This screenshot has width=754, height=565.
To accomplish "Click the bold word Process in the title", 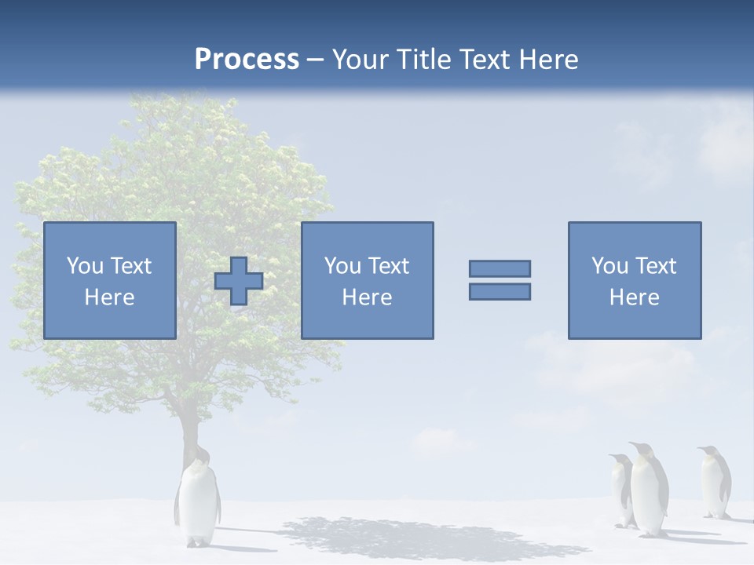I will point(247,60).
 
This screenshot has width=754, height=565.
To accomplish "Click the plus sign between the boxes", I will point(239,281).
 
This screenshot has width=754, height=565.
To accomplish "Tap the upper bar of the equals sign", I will point(500,268).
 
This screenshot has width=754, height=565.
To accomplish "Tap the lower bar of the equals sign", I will point(500,292).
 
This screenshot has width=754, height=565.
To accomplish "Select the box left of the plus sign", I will point(110,280).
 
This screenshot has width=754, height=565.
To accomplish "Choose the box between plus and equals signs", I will point(367,280).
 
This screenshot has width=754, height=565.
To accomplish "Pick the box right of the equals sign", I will point(635,280).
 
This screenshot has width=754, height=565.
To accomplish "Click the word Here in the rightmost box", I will point(634,297).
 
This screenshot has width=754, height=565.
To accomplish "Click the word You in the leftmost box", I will point(85,266).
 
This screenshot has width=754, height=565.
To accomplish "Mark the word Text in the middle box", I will point(389,266).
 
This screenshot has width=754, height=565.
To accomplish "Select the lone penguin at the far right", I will point(716,483).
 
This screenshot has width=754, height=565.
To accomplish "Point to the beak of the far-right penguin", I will point(700,450).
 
